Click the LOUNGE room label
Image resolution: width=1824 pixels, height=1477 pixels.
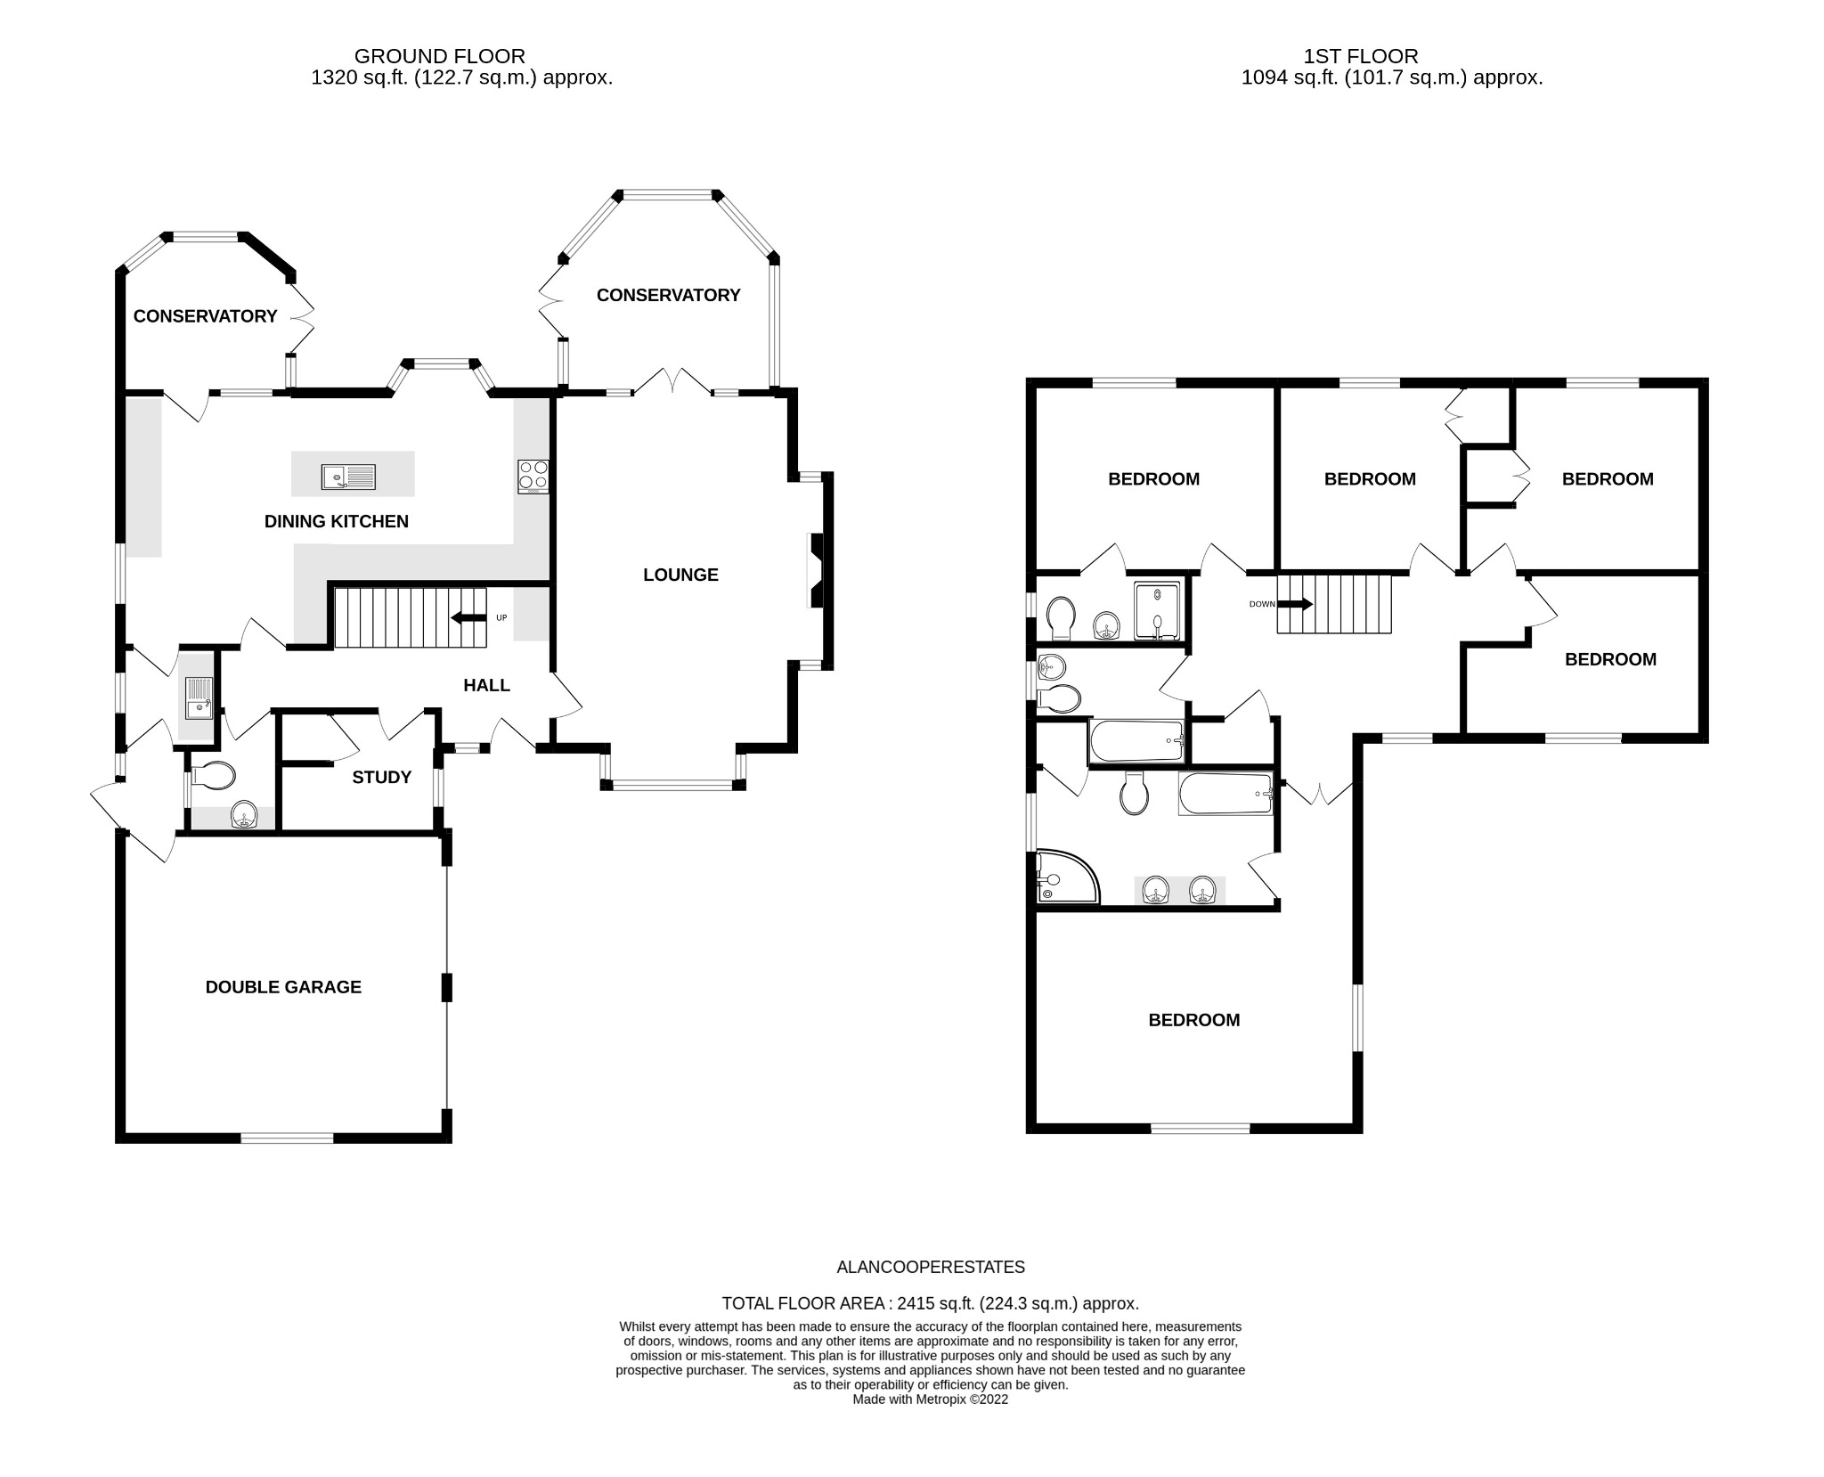(x=680, y=575)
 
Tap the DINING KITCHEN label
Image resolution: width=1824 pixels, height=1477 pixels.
(x=337, y=521)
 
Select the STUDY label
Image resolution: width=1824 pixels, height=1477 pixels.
(x=382, y=777)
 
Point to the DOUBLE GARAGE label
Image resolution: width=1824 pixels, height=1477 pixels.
(x=283, y=987)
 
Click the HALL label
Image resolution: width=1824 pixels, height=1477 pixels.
(x=486, y=685)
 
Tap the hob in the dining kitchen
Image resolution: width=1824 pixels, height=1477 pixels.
(x=533, y=477)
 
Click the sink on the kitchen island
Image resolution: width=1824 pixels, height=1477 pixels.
(x=348, y=477)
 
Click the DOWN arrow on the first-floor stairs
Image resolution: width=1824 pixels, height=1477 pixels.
(x=1295, y=604)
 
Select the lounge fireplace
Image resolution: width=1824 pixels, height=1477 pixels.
(x=817, y=570)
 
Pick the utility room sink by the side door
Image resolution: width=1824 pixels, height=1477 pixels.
(x=198, y=698)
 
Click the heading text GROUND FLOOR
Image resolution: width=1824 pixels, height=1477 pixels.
(x=440, y=56)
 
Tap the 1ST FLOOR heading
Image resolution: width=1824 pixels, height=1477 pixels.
(x=1361, y=56)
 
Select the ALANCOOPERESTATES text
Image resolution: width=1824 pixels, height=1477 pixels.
(x=931, y=1267)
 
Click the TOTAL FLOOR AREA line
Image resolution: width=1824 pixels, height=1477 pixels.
(x=931, y=1303)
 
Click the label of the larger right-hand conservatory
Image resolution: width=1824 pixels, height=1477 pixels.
(x=668, y=295)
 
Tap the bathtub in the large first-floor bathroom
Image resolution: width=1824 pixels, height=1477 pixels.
(x=1225, y=794)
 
